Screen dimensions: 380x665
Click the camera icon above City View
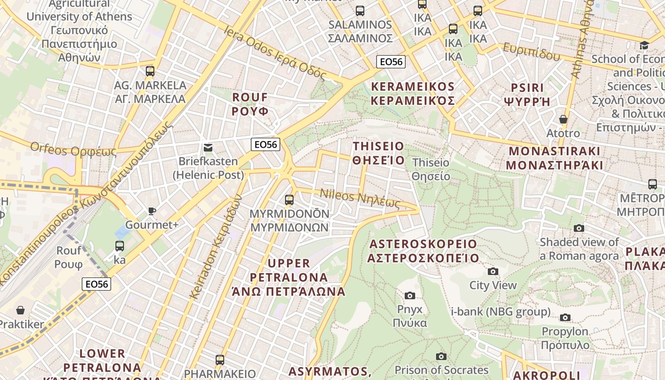(493, 271)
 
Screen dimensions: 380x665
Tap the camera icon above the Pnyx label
(409, 295)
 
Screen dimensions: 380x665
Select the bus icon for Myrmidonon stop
(289, 199)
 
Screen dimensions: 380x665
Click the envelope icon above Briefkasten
(208, 148)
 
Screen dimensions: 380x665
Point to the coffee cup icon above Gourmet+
(152, 211)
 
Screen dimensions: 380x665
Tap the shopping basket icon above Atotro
(563, 119)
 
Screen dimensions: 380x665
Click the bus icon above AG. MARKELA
(150, 71)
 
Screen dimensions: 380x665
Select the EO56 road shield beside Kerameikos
(391, 61)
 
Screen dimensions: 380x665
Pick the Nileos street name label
(360, 198)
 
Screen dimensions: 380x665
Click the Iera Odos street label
(275, 53)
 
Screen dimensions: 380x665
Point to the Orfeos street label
(73, 149)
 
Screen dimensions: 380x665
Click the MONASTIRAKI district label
(554, 158)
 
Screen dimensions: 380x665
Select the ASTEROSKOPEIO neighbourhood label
(423, 251)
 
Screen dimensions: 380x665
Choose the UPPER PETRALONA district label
(288, 277)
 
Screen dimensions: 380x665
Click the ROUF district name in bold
(250, 104)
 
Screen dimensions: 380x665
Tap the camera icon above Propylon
(565, 317)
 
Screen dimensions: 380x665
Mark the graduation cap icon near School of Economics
(644, 45)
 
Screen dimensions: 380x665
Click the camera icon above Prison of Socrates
(441, 356)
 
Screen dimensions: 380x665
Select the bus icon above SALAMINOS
(360, 10)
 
